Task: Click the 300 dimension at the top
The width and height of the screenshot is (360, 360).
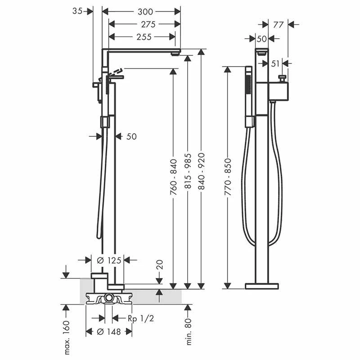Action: pyautogui.click(x=145, y=12)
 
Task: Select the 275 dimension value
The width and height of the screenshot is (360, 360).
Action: pyautogui.click(x=148, y=24)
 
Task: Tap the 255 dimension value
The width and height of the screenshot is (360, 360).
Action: pyautogui.click(x=144, y=37)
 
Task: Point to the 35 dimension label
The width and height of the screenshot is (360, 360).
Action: pyautogui.click(x=77, y=11)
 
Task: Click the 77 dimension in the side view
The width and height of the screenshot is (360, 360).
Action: pyautogui.click(x=278, y=25)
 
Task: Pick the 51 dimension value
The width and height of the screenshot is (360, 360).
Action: pyautogui.click(x=275, y=63)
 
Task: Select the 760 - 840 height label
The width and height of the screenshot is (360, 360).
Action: pyautogui.click(x=174, y=177)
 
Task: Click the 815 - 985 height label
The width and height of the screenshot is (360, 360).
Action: pyautogui.click(x=188, y=171)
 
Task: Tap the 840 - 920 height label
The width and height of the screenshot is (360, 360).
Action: pyautogui.click(x=201, y=171)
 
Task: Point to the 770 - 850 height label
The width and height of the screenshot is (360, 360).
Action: pyautogui.click(x=228, y=177)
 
